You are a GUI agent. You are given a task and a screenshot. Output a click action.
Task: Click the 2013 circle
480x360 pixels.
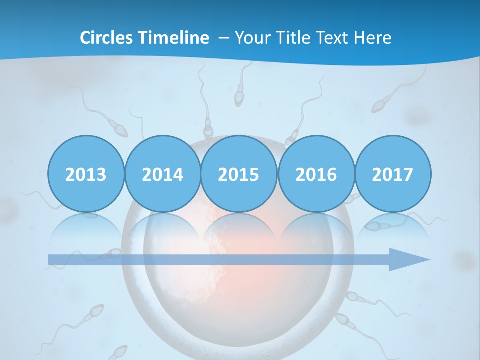coord(86,174)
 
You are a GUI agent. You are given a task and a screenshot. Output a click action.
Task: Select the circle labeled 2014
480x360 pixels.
coord(162,174)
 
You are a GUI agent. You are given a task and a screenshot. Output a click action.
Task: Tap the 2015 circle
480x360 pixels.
coord(239,174)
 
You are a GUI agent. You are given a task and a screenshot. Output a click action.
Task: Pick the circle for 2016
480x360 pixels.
coord(316,174)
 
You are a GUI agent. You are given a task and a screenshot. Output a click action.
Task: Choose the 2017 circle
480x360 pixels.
coord(392,174)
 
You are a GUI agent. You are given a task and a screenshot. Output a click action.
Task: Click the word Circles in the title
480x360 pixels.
coord(106,38)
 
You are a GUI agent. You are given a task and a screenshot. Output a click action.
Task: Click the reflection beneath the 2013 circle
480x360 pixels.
coord(86,227)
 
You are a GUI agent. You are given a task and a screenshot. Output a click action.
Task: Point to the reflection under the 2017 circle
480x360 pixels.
coord(392,227)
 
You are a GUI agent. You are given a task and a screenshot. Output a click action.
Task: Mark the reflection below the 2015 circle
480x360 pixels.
coord(239,227)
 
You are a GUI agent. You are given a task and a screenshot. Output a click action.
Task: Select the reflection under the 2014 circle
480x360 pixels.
coord(162,227)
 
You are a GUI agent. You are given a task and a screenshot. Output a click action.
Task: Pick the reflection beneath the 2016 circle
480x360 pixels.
coord(316,227)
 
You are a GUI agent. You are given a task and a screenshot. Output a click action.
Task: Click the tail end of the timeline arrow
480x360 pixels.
coord(52,259)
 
